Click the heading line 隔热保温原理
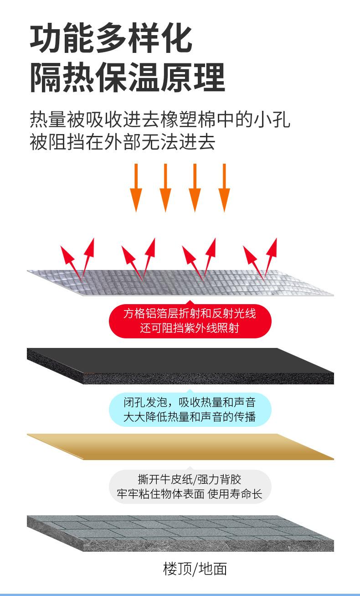(128, 78)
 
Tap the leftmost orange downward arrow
(136, 188)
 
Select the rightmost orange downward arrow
(224, 188)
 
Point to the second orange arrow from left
(165, 188)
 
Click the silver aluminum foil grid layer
(180, 283)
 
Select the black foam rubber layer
(180, 366)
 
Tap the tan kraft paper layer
(180, 447)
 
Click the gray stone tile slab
(180, 533)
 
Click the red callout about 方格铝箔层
(190, 321)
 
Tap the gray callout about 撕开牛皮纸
(190, 487)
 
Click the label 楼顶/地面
(195, 569)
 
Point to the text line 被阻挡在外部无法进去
(122, 141)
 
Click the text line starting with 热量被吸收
(160, 119)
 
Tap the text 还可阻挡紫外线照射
(190, 328)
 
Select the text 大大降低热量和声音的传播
(190, 417)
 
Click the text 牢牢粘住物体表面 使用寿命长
(190, 494)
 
